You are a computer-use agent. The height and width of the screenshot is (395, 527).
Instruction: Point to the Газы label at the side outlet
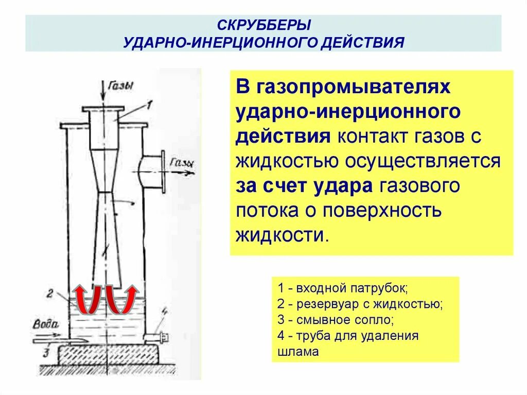[182, 163]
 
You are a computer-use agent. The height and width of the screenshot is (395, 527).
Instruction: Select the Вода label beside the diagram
[46, 324]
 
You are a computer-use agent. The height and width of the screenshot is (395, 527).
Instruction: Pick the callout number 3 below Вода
[46, 353]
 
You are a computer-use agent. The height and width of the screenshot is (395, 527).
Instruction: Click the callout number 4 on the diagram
[165, 311]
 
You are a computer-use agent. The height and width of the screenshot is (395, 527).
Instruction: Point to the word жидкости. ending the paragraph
[282, 235]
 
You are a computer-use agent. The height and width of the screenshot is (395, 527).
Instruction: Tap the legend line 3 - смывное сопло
[335, 320]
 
